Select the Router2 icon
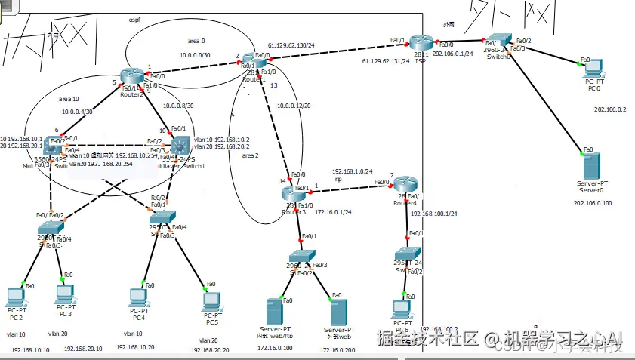point(132,75)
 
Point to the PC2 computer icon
point(16,295)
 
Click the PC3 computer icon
point(65,292)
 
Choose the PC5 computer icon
point(211,301)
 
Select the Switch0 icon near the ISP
point(499,42)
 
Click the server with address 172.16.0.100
point(274,312)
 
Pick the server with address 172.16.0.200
point(338,312)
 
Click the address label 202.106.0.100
point(592,202)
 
